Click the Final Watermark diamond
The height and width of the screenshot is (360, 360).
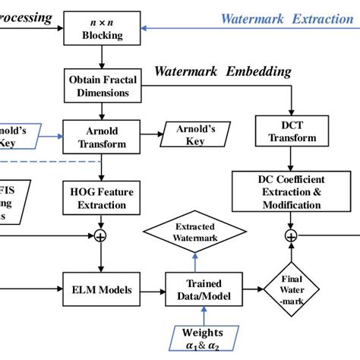point(292,289)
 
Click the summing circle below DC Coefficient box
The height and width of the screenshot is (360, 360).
point(292,237)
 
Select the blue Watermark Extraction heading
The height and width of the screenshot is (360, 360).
point(286,19)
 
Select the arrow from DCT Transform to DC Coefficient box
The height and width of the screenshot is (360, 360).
point(291,160)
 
